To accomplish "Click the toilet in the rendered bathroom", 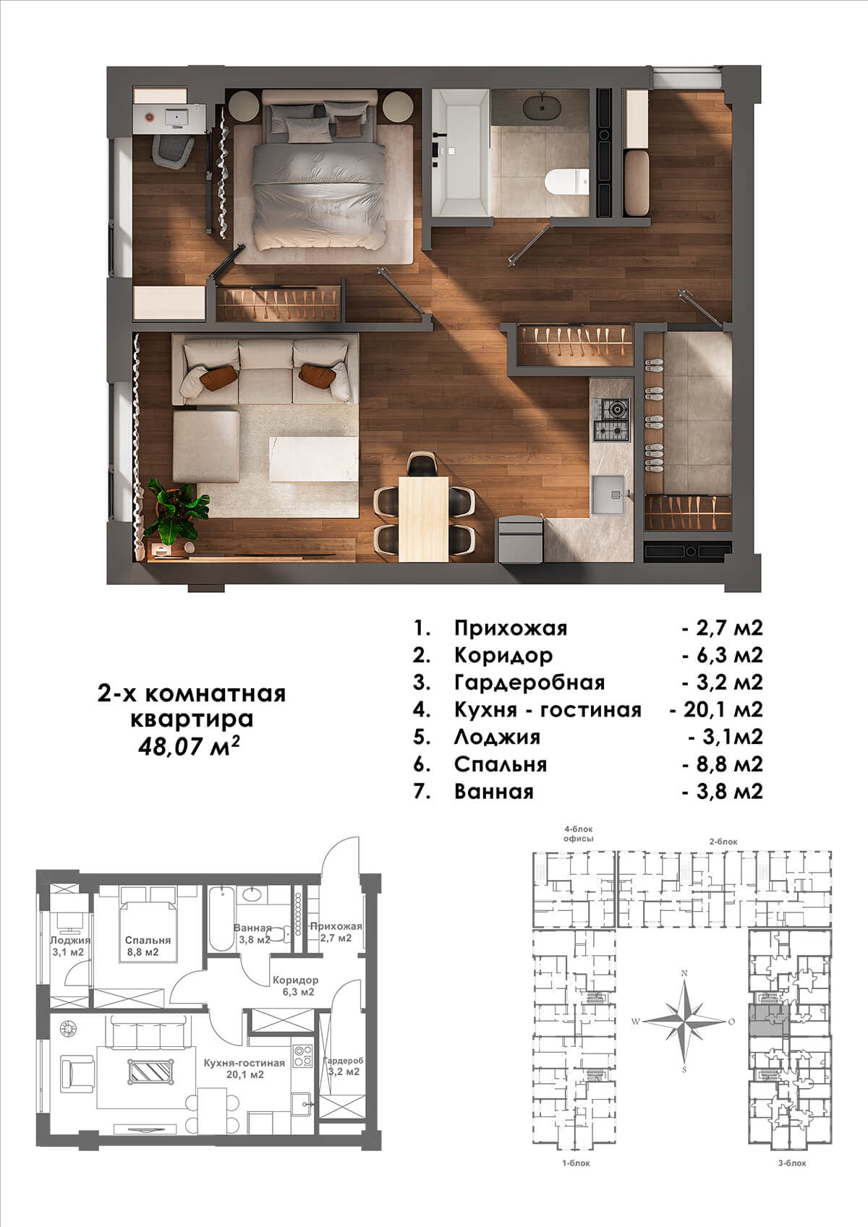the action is point(567,181).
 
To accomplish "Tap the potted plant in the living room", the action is point(178,512).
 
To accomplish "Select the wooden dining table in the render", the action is point(423,518).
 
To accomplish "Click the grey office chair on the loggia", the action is point(173,149).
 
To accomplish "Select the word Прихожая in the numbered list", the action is point(511,628).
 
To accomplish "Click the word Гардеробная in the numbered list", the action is point(529,683).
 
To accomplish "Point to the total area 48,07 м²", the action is point(190,746).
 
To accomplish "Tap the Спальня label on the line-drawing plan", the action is point(148,941).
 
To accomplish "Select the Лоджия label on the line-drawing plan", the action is point(69,941).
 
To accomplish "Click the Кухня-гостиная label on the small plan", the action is point(244,1063).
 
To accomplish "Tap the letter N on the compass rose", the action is point(684,973).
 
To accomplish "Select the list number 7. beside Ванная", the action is point(422,792).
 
